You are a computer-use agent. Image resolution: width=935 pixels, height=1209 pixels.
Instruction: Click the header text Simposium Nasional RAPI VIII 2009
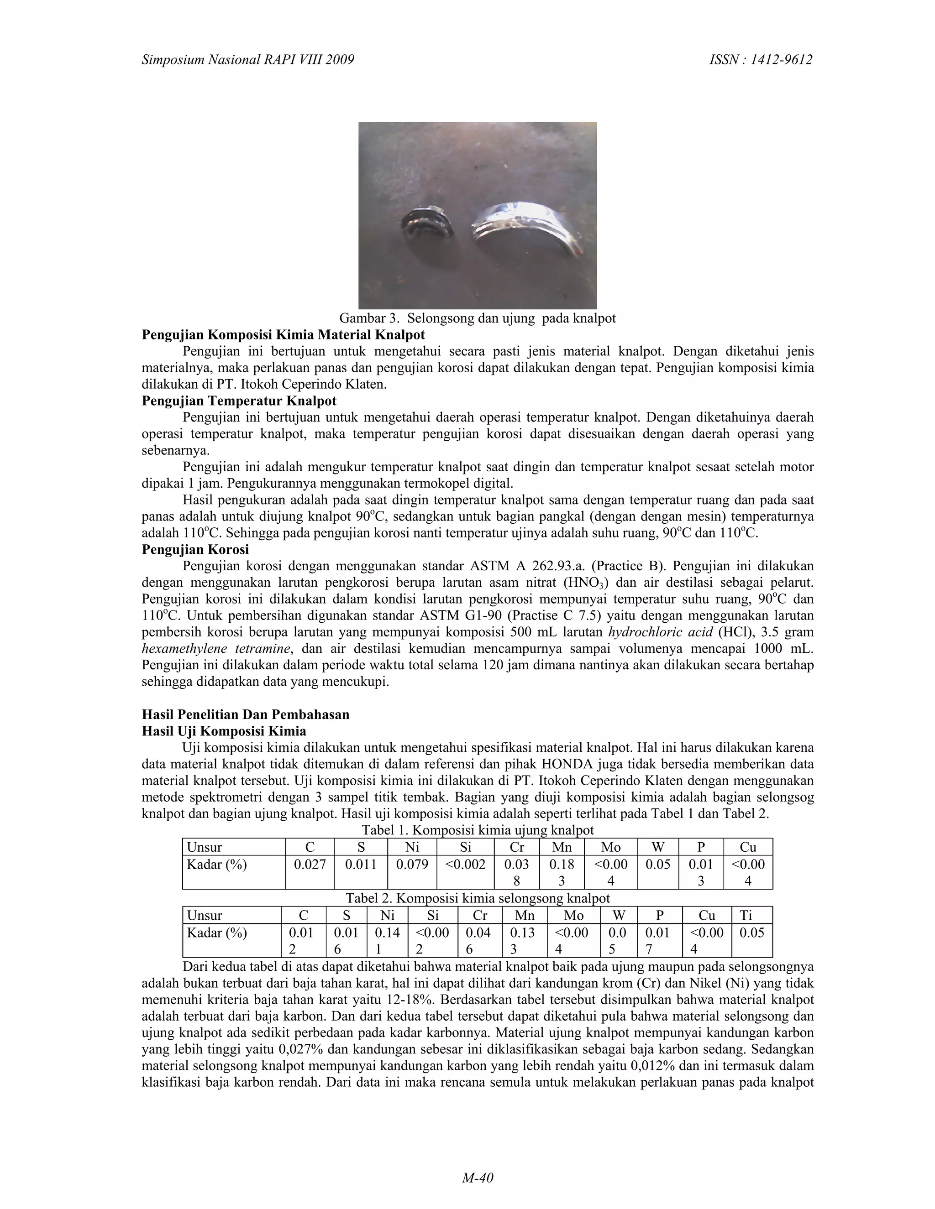[x=247, y=60]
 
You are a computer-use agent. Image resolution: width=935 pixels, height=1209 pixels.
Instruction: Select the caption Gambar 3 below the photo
[x=477, y=318]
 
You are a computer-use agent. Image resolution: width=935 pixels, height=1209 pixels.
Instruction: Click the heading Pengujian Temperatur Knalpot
[x=239, y=400]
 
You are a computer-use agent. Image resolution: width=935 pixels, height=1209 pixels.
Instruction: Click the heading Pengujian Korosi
[x=195, y=550]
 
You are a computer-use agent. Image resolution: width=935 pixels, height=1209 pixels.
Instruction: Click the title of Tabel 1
[x=477, y=830]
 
